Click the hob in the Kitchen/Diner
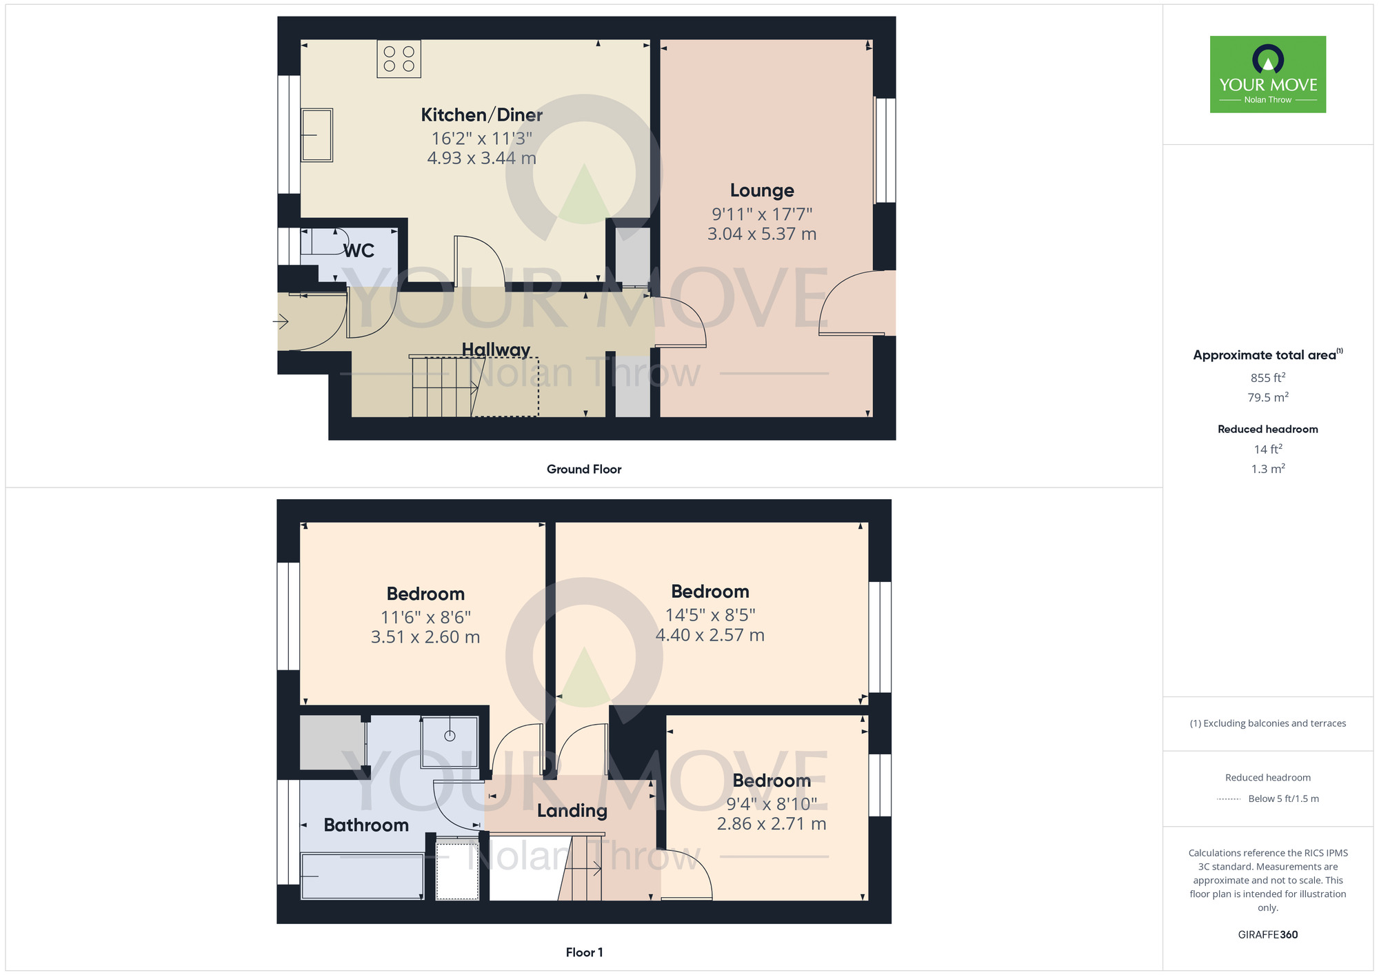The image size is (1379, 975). tap(399, 59)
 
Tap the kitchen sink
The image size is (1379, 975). tap(317, 135)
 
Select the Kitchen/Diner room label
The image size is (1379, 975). tap(481, 114)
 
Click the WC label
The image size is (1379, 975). tap(359, 250)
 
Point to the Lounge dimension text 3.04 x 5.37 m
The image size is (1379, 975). tap(762, 234)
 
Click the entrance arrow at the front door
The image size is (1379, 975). tap(281, 321)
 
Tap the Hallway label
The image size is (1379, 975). tap(496, 350)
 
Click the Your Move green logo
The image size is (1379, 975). tap(1267, 74)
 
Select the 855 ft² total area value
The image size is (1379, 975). tap(1267, 378)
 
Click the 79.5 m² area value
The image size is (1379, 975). tap(1267, 397)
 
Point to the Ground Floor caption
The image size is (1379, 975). tap(584, 469)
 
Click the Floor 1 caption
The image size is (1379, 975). tap(584, 952)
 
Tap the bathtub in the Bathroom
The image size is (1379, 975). tap(363, 876)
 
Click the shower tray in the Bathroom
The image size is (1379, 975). tap(450, 742)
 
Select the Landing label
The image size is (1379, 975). tap(572, 811)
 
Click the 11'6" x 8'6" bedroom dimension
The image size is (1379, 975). tap(425, 617)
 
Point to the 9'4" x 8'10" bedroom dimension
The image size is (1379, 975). tap(772, 804)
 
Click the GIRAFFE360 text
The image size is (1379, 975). tap(1267, 935)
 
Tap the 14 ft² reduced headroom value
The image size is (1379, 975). tap(1267, 450)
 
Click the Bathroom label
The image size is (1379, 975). tap(366, 825)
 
